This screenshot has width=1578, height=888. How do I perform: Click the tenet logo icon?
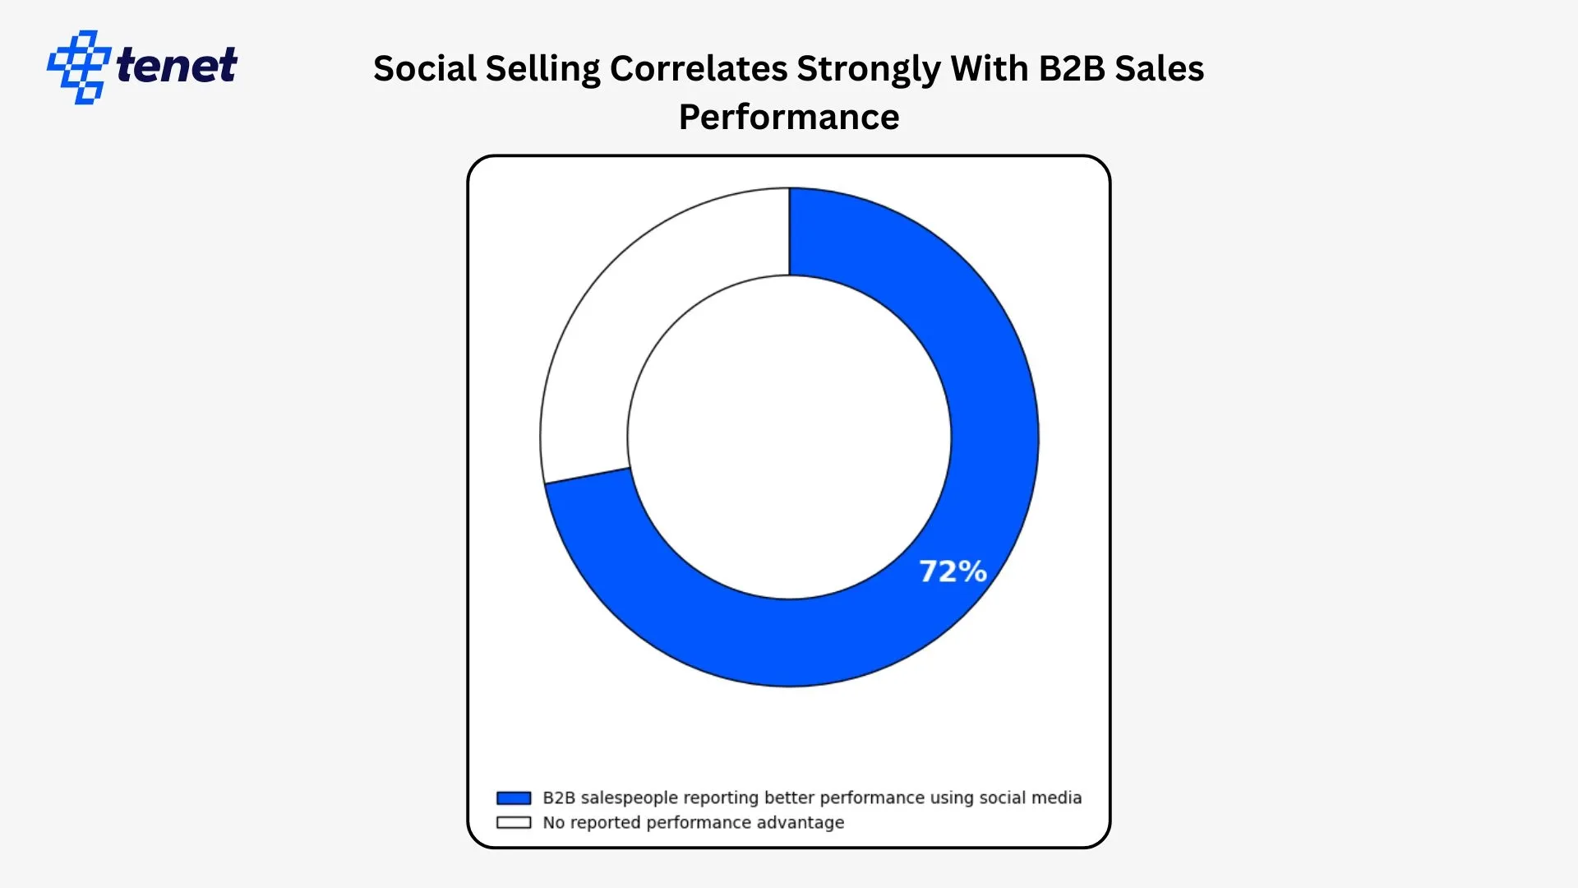click(x=78, y=67)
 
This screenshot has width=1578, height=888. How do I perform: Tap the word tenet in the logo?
click(x=177, y=66)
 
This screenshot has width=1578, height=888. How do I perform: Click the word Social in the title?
click(x=424, y=68)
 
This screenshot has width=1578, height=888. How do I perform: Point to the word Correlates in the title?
click(x=698, y=68)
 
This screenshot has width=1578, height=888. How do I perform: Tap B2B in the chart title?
click(x=1072, y=68)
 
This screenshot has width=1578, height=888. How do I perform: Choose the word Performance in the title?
click(x=789, y=117)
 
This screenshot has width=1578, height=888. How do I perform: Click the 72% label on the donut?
click(x=953, y=571)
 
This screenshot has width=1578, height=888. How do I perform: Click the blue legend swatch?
click(x=514, y=798)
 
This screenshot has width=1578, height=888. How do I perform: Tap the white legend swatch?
click(x=514, y=822)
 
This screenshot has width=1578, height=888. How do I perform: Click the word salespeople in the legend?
click(x=629, y=798)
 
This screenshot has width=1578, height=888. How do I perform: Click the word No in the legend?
click(x=553, y=822)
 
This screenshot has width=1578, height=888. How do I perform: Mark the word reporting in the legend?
click(x=721, y=798)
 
